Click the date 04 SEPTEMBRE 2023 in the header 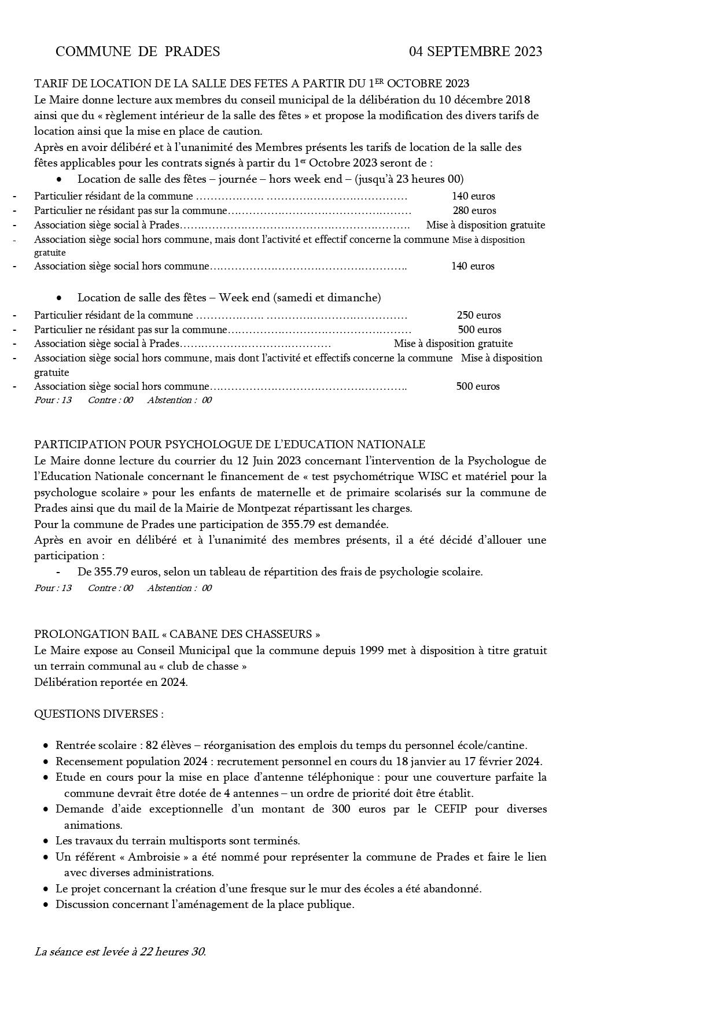(475, 51)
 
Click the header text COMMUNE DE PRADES (138, 51)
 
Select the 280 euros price (474, 211)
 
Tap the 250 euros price (478, 315)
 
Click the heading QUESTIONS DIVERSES (98, 714)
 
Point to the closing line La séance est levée (120, 951)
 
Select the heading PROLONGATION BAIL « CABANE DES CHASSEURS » (177, 634)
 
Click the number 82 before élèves (152, 745)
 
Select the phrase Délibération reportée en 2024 (111, 682)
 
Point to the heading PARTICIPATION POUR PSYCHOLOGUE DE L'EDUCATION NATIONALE (230, 444)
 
